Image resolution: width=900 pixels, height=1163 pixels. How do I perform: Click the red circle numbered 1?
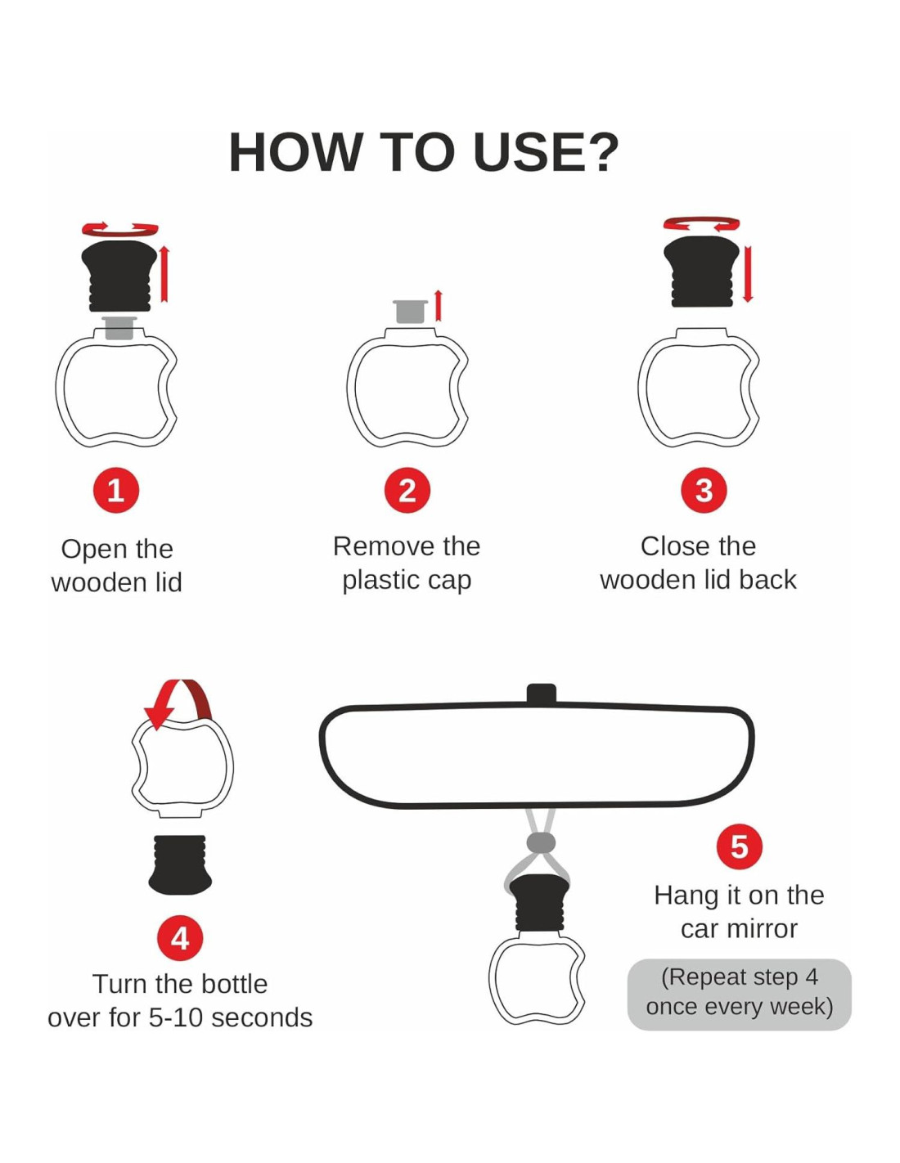point(116,490)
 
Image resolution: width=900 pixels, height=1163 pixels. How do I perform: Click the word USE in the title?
point(544,153)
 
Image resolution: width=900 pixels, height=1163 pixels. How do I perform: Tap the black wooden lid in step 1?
point(119,276)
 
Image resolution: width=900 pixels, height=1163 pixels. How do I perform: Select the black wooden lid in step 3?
point(702,272)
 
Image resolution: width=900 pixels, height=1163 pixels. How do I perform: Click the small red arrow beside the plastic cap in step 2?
point(439,306)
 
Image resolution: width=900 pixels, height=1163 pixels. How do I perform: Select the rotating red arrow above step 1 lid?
point(120,228)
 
